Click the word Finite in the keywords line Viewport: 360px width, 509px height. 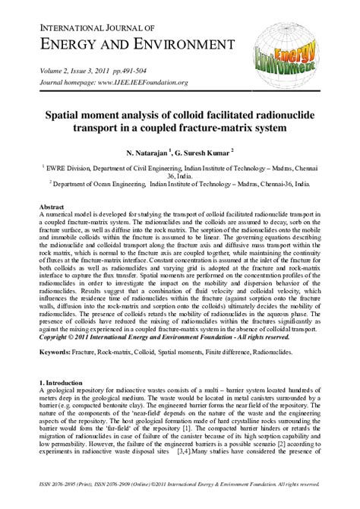[x=226, y=354]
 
